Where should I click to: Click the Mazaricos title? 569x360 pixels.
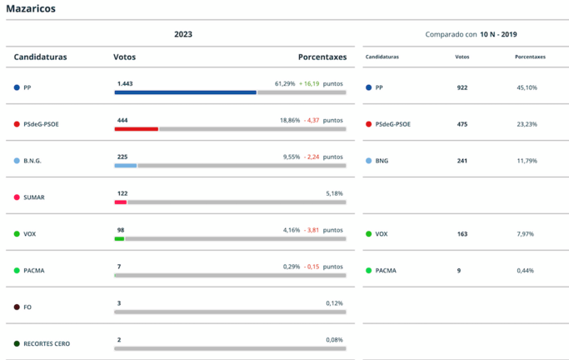coord(31,7)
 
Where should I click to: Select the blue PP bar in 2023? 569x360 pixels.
coord(185,92)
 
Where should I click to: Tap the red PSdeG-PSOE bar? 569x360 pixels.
coord(137,129)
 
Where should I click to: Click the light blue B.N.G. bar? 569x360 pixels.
coord(126,166)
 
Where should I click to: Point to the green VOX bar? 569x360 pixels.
coord(119,239)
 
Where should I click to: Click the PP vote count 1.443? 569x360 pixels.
coord(125,83)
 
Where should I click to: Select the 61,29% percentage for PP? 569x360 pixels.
coord(284,83)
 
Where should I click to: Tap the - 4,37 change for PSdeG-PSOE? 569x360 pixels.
coord(312,120)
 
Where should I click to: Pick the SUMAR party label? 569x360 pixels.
coord(34,197)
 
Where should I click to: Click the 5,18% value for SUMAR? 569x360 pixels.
coord(335,193)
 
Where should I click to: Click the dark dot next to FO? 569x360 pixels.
coord(17,307)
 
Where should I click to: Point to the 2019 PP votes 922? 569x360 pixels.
coord(462,87)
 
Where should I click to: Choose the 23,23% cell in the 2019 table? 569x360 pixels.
coord(526,124)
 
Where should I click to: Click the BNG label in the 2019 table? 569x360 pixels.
coord(382,161)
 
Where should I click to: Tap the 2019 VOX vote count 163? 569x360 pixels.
coord(462,234)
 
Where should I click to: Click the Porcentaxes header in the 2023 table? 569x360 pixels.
coord(322,57)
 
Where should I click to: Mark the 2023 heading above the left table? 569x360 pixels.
coord(182,34)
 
